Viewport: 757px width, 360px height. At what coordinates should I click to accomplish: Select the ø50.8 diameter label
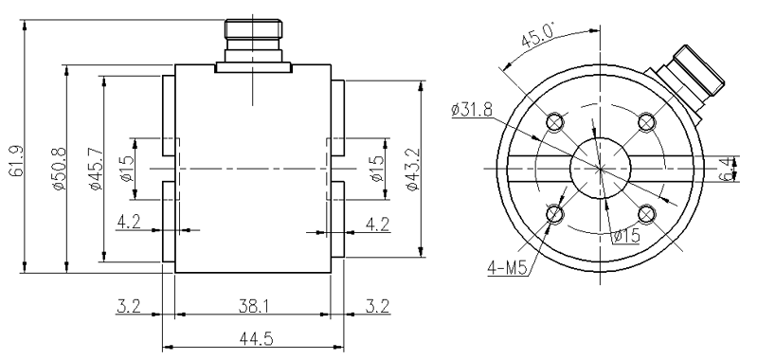coord(59,169)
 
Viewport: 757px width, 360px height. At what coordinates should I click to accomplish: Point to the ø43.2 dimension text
coord(413,169)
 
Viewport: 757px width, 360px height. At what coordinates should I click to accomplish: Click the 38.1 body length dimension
coord(253,305)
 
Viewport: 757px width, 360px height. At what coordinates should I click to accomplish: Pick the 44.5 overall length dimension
coord(257,339)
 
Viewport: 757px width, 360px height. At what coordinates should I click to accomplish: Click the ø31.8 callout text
coord(472,110)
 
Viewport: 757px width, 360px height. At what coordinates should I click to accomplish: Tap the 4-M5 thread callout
coord(507,268)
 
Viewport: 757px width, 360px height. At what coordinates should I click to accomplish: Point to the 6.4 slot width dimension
coord(726,169)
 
